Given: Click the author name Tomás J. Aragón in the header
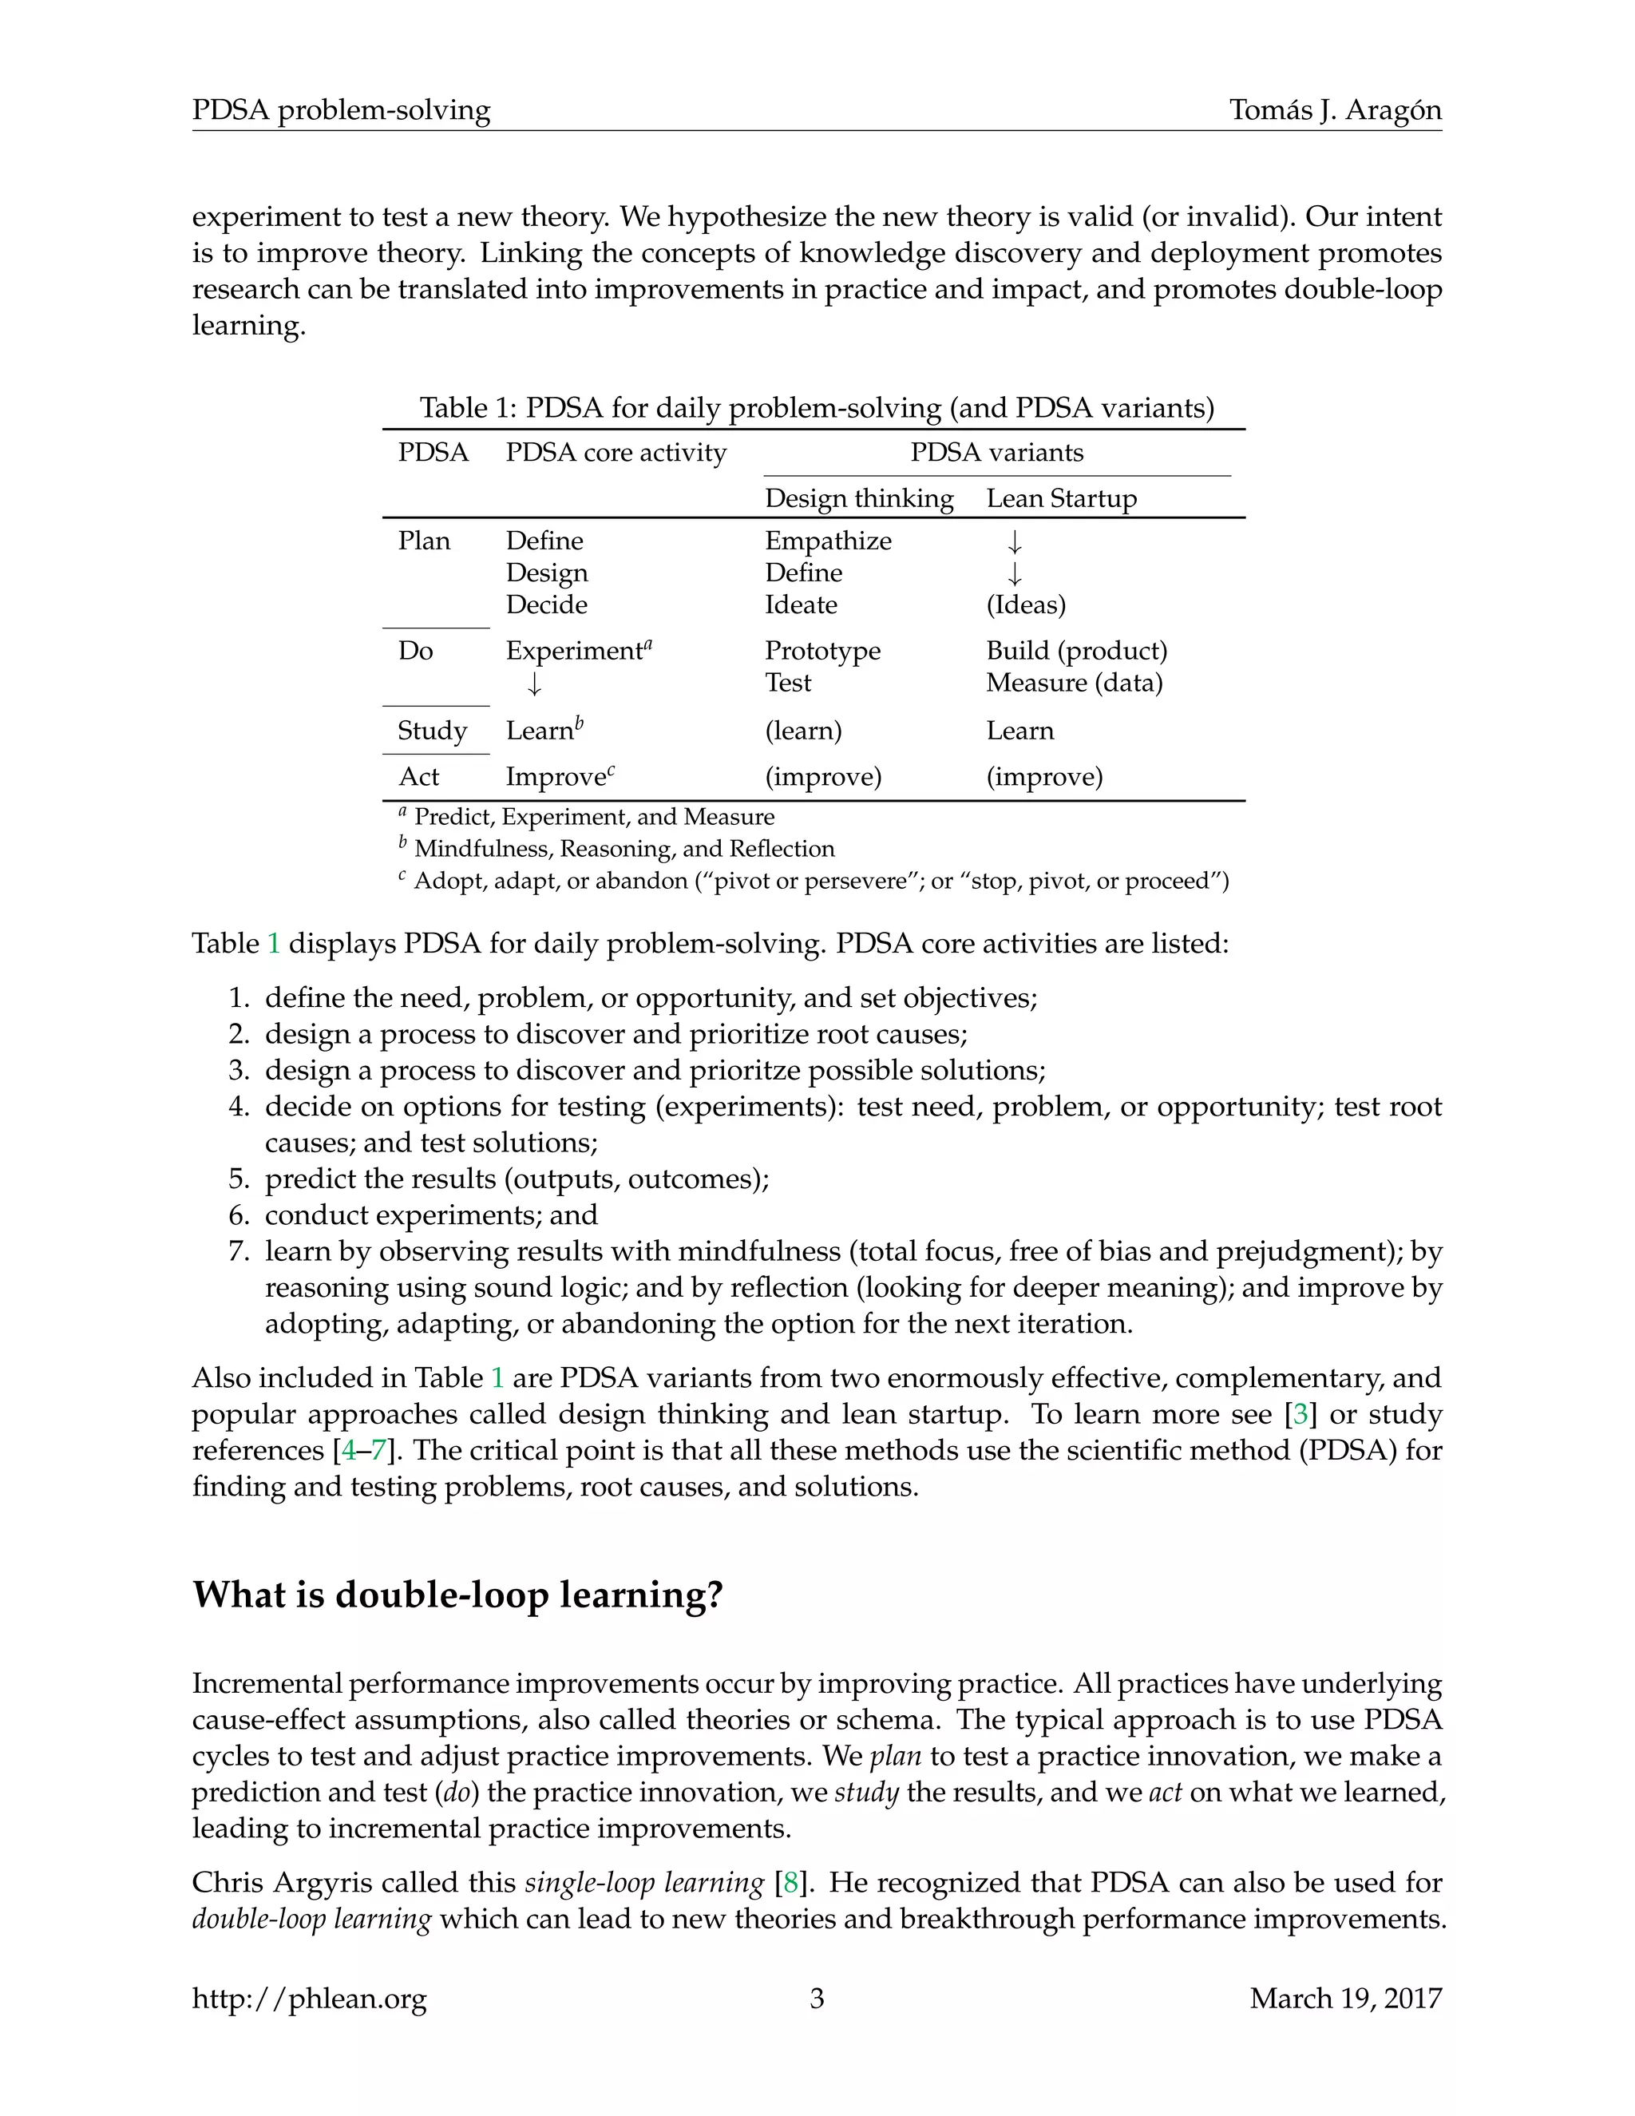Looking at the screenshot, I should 1335,110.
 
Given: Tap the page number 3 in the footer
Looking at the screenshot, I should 817,1998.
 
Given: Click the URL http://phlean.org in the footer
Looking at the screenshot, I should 309,1999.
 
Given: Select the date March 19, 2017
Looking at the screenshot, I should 1345,1998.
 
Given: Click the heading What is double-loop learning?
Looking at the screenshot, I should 457,1594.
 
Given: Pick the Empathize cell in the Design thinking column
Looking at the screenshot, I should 828,541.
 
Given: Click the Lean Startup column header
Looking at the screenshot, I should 1062,498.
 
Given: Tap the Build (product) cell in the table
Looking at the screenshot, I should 1076,650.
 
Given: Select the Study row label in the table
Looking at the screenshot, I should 432,731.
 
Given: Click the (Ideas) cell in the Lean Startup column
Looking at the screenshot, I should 1026,604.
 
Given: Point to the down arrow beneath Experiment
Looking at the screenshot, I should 535,684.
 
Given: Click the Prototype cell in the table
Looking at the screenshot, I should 822,650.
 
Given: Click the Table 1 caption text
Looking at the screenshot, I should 817,407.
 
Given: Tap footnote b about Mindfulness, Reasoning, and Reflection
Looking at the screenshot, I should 622,849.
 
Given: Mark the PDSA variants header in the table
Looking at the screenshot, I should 996,453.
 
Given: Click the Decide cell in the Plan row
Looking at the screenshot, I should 546,604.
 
